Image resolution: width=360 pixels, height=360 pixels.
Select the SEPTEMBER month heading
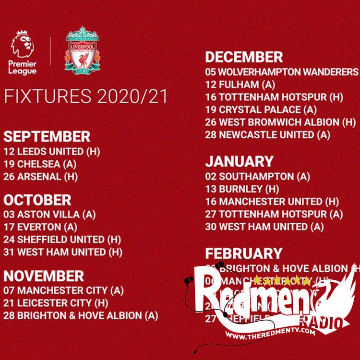coord(47,136)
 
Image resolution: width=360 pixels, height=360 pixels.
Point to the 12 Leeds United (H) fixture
coord(52,152)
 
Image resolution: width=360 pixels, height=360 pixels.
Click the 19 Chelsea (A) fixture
coord(40,164)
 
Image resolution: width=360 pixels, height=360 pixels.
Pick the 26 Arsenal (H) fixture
coord(40,177)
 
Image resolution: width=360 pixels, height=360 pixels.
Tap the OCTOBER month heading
coord(37,200)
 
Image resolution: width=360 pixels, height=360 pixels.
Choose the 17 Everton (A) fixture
coord(40,227)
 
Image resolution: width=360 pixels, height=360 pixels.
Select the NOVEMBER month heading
coord(44,276)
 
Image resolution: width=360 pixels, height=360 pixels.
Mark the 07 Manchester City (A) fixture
coord(63,290)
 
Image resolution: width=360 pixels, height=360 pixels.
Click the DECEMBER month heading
coord(244,57)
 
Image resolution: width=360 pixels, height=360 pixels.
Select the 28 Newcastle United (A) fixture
coord(268,134)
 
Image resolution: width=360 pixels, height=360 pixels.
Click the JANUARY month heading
coord(239,161)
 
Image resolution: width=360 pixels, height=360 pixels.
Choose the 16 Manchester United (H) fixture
coord(272,202)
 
